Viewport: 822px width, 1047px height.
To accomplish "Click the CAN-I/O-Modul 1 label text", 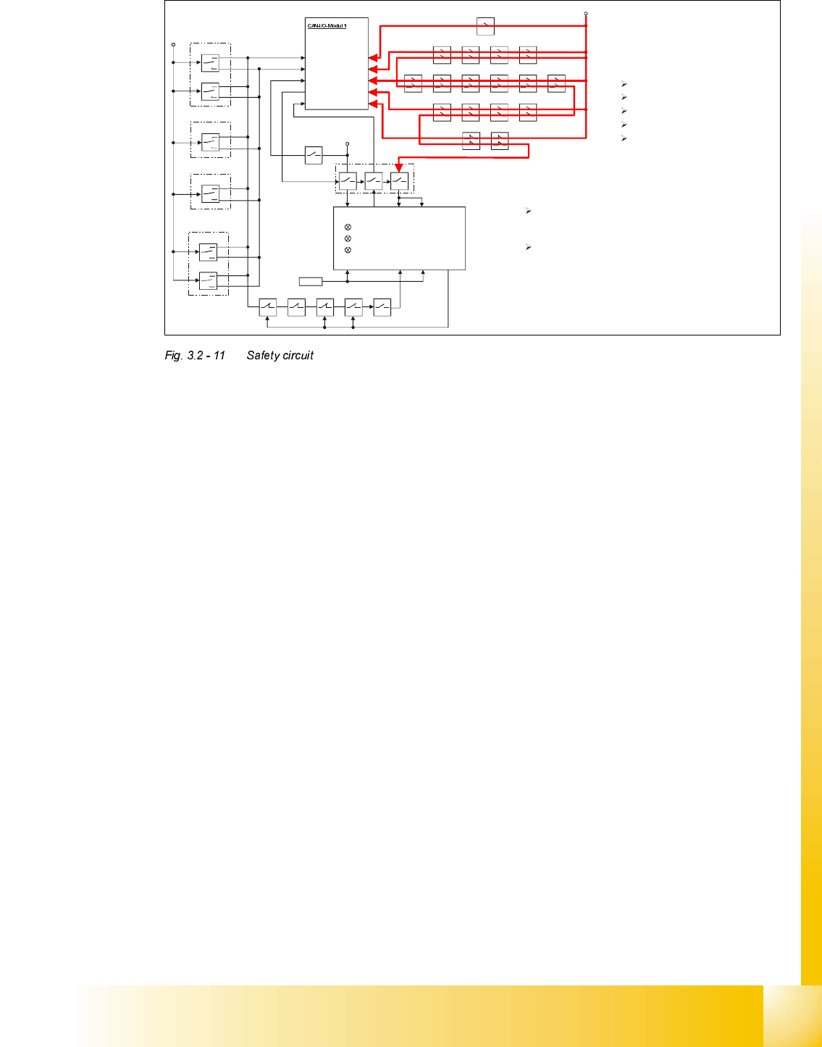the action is point(327,26).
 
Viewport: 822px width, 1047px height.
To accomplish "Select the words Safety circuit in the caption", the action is point(280,356).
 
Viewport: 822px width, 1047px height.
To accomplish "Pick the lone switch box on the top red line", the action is point(486,27).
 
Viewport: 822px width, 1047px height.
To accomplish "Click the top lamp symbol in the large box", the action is point(348,228).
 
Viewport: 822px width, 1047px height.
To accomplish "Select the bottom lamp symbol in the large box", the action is point(348,250).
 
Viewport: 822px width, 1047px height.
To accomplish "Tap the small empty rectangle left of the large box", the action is point(311,281).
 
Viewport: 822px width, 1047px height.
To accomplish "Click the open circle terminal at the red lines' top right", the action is point(586,13).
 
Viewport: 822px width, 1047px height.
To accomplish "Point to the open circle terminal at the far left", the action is point(173,44).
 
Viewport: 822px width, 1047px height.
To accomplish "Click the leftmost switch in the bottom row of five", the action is point(268,307).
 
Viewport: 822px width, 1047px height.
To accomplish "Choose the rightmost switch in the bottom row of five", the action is point(382,307).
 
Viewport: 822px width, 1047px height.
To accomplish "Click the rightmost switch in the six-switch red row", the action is point(556,83).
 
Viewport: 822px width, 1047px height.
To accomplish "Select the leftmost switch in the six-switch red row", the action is point(413,83).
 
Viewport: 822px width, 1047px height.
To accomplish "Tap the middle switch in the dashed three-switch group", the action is point(374,181).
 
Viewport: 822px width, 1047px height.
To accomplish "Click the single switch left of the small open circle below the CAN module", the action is point(314,155).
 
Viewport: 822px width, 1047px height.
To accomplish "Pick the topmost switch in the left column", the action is point(210,63).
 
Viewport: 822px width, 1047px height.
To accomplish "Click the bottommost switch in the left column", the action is point(209,280).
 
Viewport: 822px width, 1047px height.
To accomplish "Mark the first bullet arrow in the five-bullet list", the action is point(624,84).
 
